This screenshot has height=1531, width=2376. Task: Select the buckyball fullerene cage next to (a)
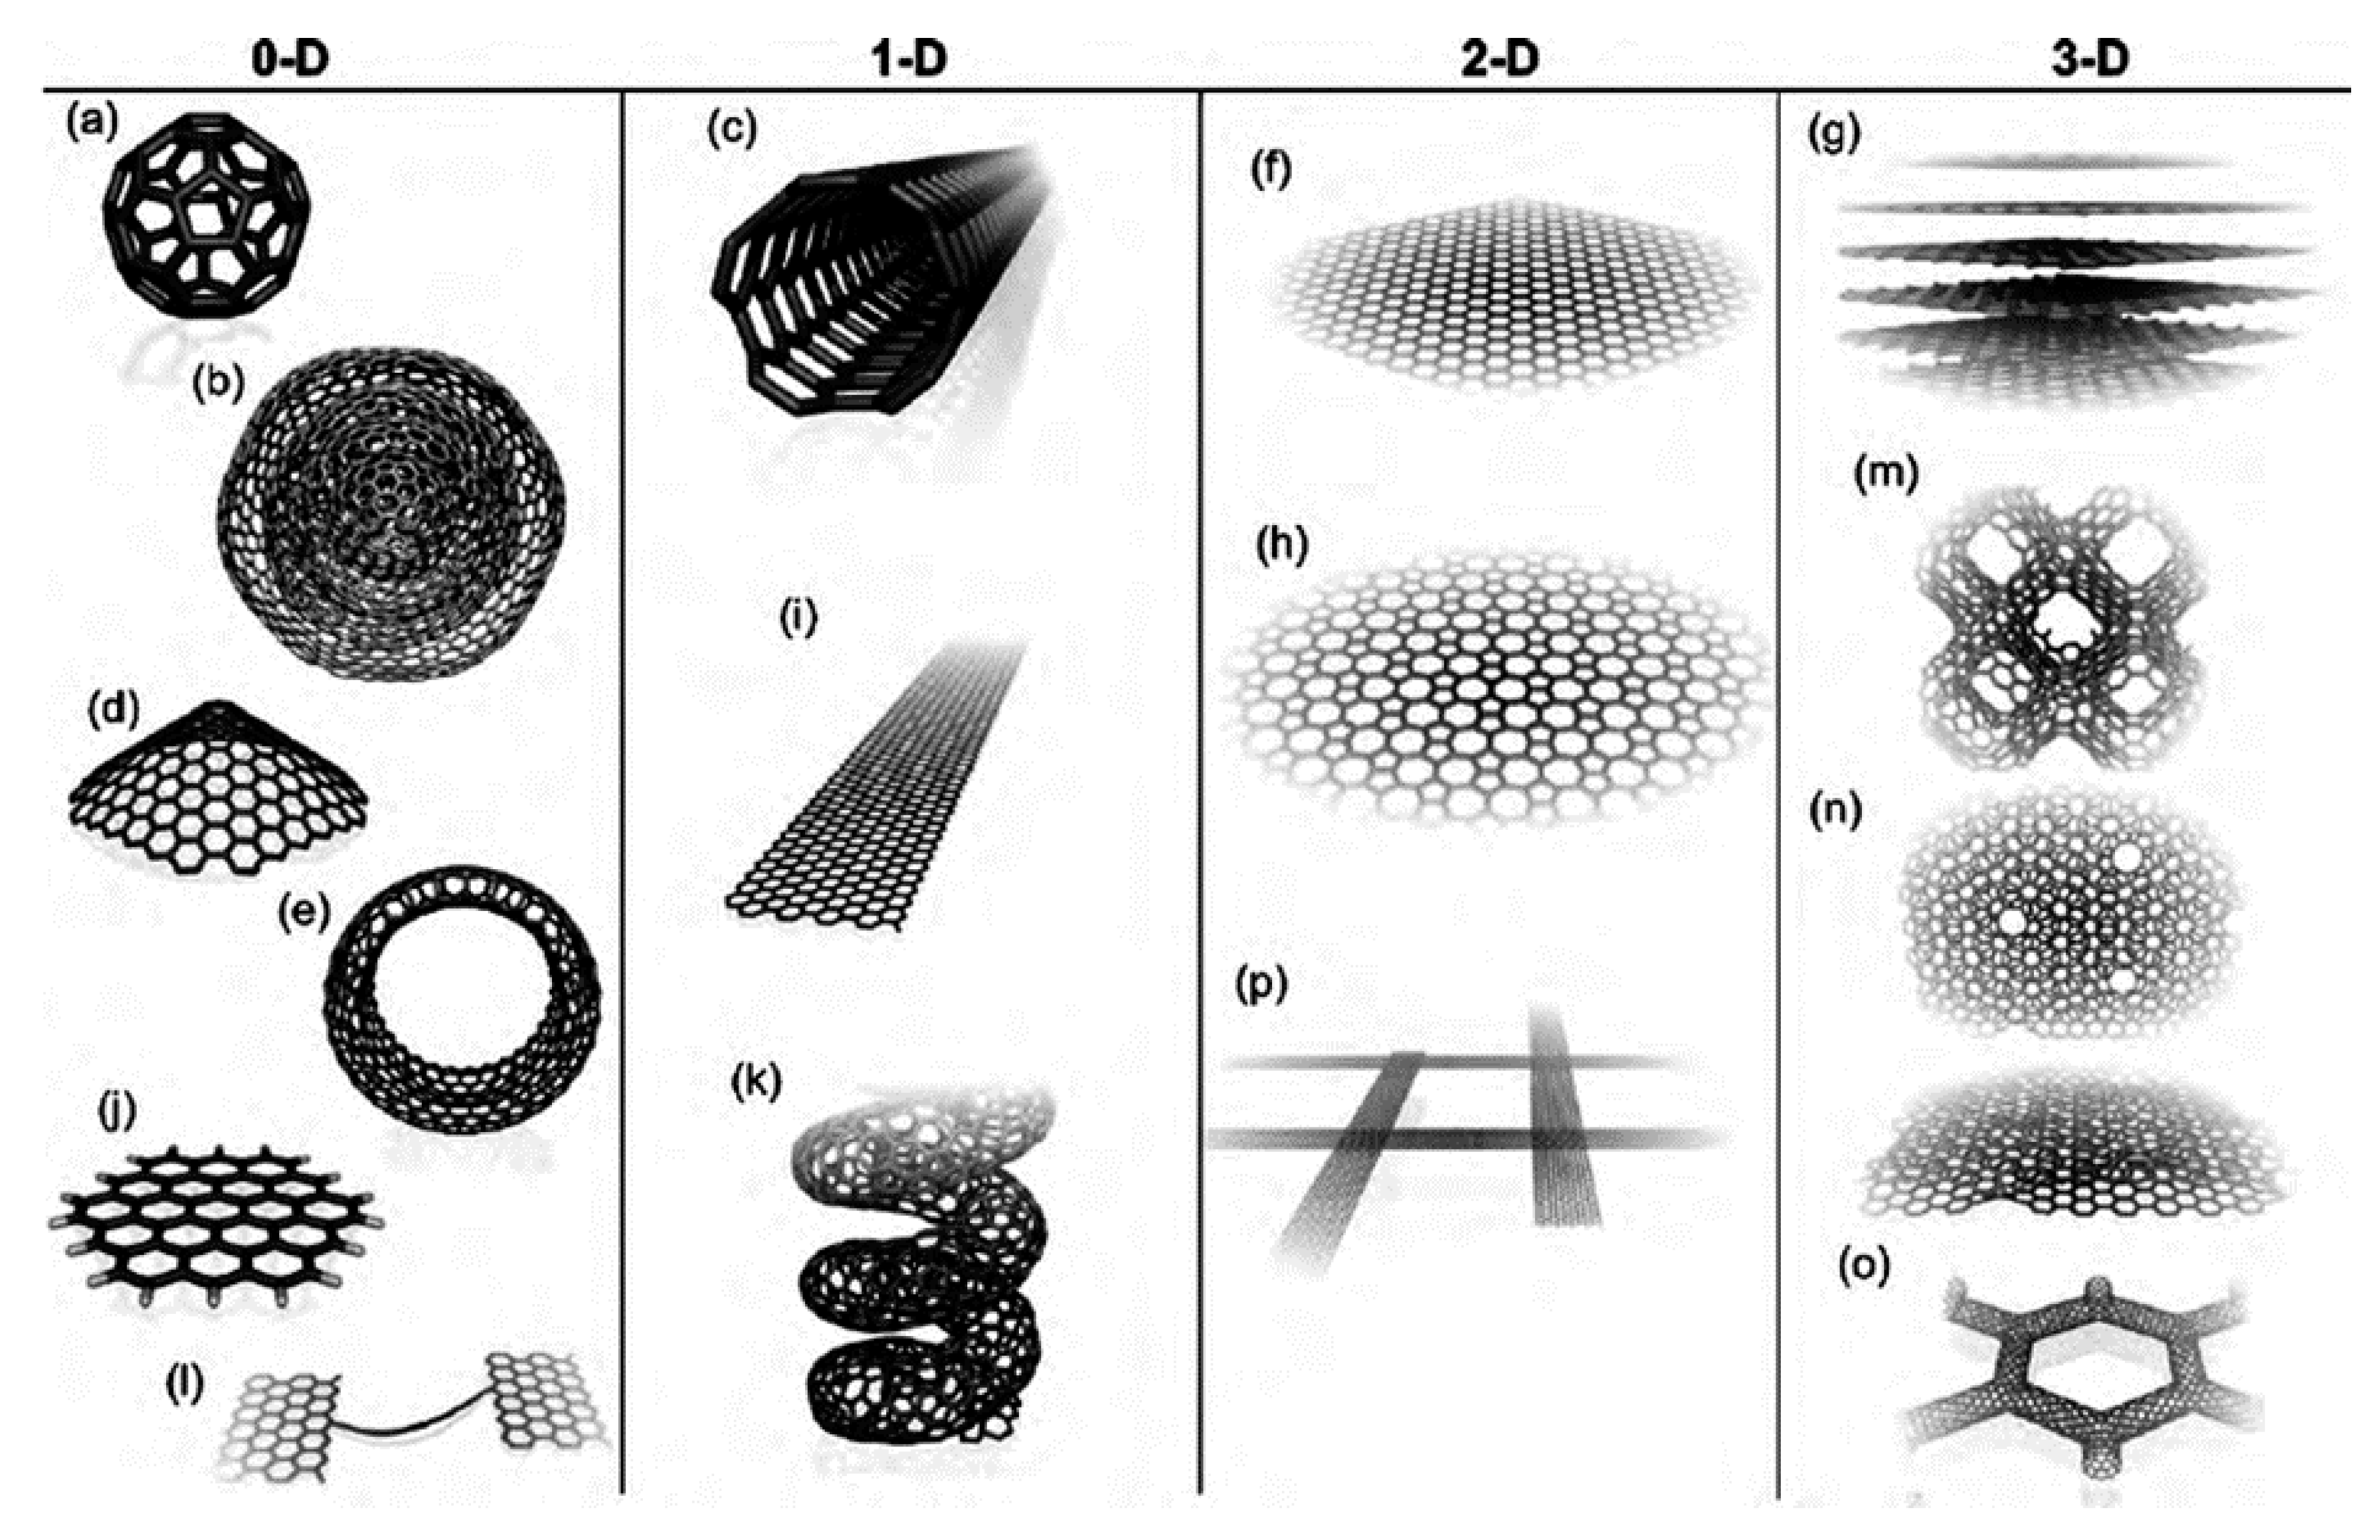click(207, 214)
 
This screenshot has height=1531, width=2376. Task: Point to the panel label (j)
click(117, 1114)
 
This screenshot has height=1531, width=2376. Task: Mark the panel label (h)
click(1283, 547)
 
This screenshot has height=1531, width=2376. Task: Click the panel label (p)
click(1260, 984)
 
